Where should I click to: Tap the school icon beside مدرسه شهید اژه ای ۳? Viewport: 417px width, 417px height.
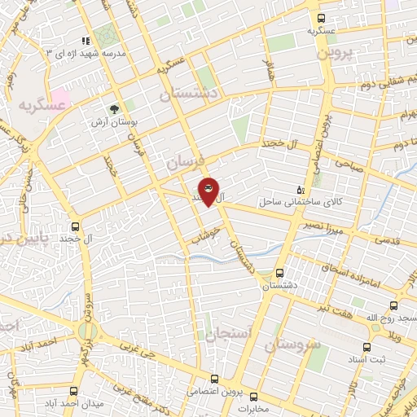pyautogui.click(x=85, y=40)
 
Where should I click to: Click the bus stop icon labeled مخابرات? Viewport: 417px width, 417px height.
pyautogui.click(x=252, y=397)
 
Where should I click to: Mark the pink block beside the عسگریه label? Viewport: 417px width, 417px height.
pyautogui.click(x=62, y=94)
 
